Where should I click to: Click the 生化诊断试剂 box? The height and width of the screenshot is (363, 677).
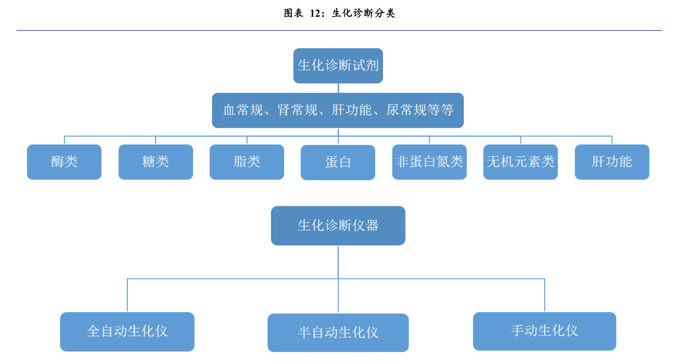pos(338,66)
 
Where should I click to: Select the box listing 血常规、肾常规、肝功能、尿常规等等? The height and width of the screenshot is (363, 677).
pos(338,110)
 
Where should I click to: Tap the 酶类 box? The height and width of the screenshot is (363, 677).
pos(64,162)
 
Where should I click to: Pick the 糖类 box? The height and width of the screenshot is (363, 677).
pos(156,162)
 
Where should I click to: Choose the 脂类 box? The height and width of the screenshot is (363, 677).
pos(247,162)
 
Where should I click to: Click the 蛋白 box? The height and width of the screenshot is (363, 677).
pos(338,162)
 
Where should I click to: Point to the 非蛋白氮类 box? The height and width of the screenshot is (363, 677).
pos(429,162)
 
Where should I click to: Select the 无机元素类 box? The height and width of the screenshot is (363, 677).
pos(520,162)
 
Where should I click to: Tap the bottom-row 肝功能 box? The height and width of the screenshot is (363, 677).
pos(612,162)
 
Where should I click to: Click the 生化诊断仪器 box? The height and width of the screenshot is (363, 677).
pos(338,225)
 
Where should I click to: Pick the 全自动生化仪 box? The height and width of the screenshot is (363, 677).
pos(127,332)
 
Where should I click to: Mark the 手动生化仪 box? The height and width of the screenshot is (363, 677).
pos(544,331)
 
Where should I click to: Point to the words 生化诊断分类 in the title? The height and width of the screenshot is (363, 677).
pos(363,13)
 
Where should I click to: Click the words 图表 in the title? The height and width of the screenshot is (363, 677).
pos(293,13)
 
